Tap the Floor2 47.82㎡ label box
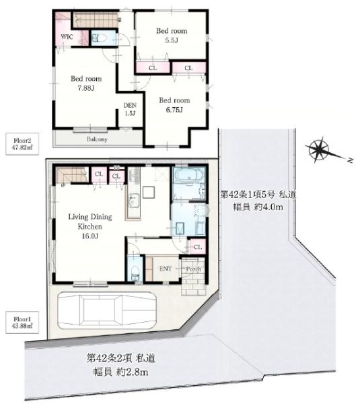(22, 144)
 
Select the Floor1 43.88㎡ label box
(22, 323)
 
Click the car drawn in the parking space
(107, 310)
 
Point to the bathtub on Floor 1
(189, 177)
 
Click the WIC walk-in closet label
(67, 36)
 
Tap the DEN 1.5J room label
(130, 109)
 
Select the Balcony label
(97, 139)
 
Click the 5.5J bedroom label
(172, 35)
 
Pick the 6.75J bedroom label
(174, 105)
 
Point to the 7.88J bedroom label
(86, 83)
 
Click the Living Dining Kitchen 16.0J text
(90, 226)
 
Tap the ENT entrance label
(166, 269)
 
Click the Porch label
(193, 269)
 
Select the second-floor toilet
(100, 38)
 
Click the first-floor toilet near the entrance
(135, 273)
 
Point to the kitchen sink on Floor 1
(133, 201)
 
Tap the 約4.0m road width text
(268, 207)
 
